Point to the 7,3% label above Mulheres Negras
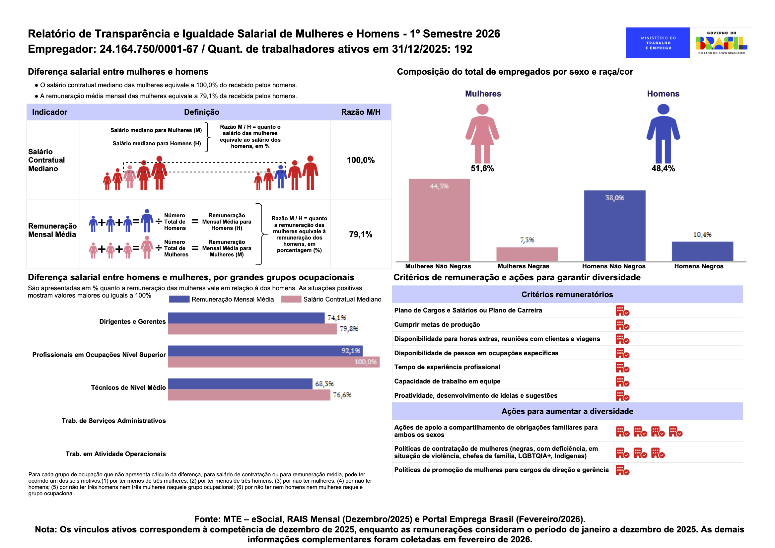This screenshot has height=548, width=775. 527,240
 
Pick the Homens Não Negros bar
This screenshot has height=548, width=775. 614,226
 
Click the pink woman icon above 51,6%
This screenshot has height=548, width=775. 482,133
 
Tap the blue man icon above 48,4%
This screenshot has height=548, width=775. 663,133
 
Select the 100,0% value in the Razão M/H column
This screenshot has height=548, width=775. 361,160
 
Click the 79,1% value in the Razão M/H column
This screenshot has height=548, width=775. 361,234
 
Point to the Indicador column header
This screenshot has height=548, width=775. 50,112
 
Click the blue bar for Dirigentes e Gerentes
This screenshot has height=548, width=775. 247,317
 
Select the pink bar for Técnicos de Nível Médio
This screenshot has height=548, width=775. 249,395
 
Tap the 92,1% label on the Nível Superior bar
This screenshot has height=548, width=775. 350,351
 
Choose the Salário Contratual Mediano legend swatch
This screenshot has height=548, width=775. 291,299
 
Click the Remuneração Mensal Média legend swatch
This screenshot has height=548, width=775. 179,299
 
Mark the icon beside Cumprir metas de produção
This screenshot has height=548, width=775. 622,325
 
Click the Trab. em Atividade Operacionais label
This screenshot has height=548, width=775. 115,454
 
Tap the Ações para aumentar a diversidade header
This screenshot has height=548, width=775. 567,411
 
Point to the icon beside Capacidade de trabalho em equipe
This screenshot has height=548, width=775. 622,381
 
